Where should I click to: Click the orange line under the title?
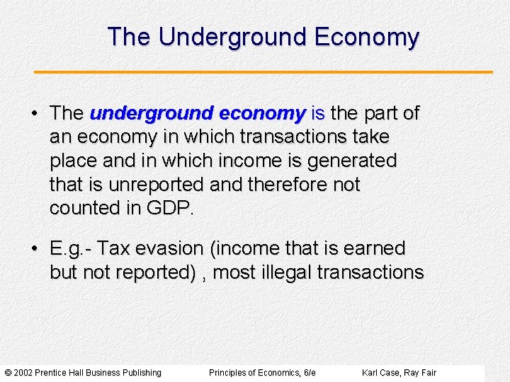[263, 72]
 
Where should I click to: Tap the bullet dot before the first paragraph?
[35, 113]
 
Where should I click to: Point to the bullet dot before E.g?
[35, 249]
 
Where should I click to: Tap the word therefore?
[290, 185]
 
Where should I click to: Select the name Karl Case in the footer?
[380, 373]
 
